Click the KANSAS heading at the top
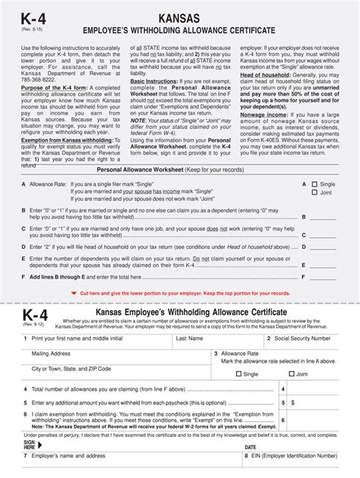point(180,17)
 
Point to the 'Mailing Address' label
point(51,354)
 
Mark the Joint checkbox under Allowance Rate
point(291,374)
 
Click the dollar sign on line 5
point(293,403)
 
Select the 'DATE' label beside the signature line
point(251,448)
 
